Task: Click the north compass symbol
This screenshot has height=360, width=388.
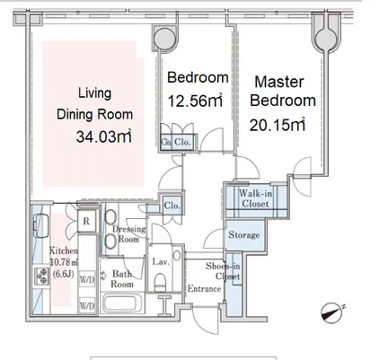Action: click(x=332, y=312)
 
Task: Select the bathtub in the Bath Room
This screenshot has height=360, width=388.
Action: click(x=123, y=303)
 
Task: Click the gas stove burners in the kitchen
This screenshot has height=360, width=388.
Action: click(x=41, y=277)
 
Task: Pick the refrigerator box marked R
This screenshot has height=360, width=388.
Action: click(x=86, y=221)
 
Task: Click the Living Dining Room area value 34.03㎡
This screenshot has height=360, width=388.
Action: click(x=104, y=136)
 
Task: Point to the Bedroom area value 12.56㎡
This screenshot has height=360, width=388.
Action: click(x=195, y=101)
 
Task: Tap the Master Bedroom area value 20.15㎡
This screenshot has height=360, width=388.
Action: click(x=278, y=125)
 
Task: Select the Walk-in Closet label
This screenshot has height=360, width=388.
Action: click(x=255, y=198)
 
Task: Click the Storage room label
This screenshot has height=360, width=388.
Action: click(x=244, y=235)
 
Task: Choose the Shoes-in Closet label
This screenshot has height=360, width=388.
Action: click(x=223, y=271)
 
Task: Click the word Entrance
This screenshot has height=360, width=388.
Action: click(x=204, y=289)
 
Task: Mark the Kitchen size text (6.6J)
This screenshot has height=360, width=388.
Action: click(x=63, y=274)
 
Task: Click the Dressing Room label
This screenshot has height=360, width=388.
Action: click(x=128, y=234)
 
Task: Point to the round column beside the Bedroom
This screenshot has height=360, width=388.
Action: click(x=164, y=39)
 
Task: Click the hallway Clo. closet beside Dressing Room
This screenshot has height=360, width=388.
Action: click(x=172, y=206)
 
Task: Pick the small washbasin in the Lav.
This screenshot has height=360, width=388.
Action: click(x=177, y=255)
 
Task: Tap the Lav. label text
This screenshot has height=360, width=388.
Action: click(x=161, y=262)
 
